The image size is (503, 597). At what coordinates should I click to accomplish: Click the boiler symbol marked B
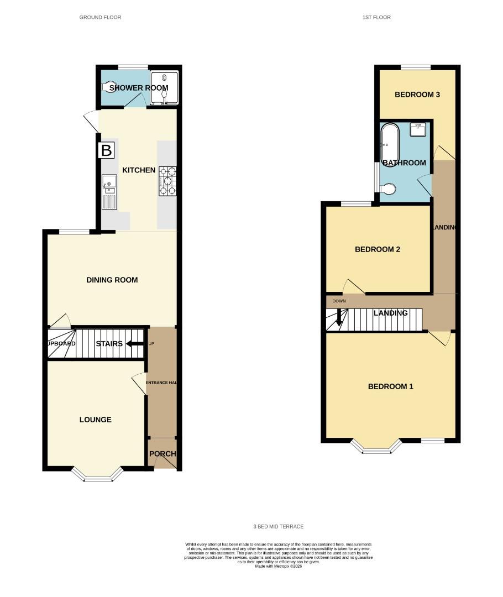106,150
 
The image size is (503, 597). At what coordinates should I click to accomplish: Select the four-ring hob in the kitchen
167,181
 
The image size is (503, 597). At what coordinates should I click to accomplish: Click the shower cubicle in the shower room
164,87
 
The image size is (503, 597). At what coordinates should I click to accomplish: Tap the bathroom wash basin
418,129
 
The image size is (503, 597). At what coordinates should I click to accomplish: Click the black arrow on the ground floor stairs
133,343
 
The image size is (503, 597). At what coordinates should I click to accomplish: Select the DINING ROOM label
112,280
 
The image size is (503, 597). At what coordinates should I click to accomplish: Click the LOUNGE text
95,420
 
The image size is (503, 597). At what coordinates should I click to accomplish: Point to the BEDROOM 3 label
417,95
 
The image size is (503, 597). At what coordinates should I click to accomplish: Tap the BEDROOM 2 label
377,249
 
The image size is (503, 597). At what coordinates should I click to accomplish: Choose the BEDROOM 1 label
390,386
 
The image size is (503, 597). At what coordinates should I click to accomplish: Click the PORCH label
163,454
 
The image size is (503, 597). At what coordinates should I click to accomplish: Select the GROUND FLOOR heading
100,17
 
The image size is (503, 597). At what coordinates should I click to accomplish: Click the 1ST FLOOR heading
376,17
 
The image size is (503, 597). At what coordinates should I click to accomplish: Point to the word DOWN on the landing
339,301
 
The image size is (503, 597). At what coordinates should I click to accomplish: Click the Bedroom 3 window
416,67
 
